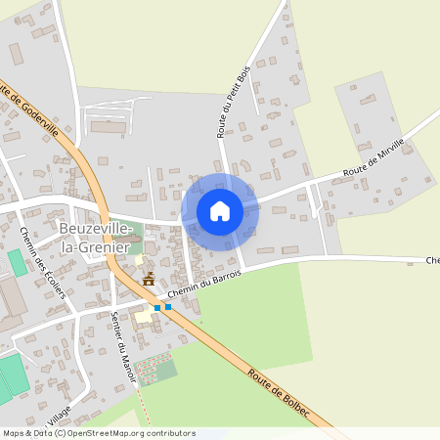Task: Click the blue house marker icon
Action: tap(220, 211)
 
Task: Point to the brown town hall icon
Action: tap(149, 280)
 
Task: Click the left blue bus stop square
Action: tap(157, 307)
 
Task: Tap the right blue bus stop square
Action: tap(168, 307)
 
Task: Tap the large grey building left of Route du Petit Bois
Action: tap(109, 126)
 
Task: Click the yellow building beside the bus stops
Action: tap(143, 317)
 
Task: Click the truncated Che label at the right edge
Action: tap(432, 261)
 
